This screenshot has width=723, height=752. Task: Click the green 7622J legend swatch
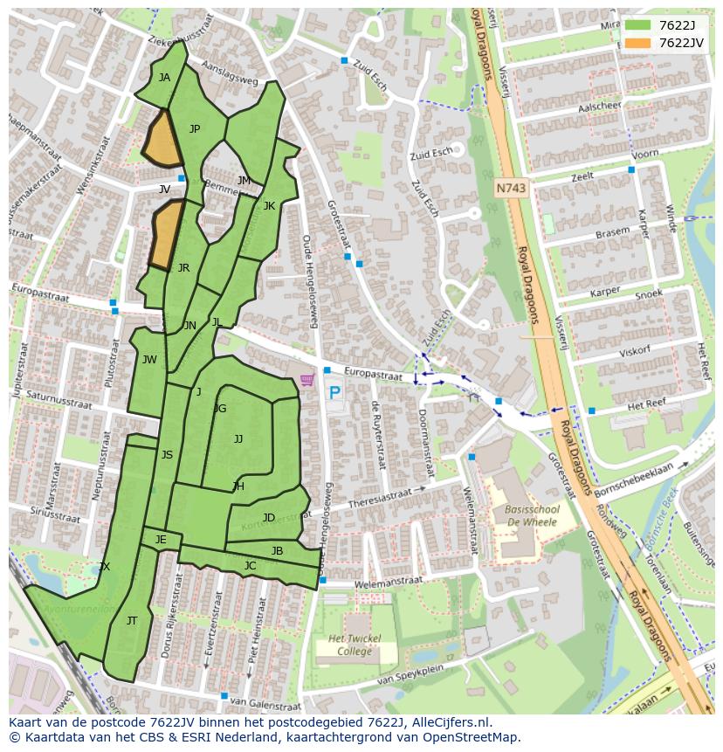[x=637, y=26]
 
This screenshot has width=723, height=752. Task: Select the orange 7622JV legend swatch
[x=637, y=43]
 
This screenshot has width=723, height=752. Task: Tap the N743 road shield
[x=511, y=188]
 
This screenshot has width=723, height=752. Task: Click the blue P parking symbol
[x=334, y=393]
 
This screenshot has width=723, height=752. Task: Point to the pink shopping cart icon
[x=306, y=380]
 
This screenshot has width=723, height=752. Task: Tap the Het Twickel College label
[x=355, y=645]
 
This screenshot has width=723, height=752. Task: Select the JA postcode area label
[x=164, y=77]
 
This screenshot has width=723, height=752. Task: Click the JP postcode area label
[x=195, y=129]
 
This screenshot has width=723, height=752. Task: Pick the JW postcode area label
[x=149, y=359]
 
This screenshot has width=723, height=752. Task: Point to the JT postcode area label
[x=132, y=621]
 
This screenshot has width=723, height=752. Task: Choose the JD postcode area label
[x=269, y=518]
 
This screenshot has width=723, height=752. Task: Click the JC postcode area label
[x=250, y=566]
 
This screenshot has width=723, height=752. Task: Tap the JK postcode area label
[x=269, y=206]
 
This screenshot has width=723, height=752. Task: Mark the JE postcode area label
[x=161, y=540]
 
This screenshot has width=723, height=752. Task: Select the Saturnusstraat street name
[x=59, y=400]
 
